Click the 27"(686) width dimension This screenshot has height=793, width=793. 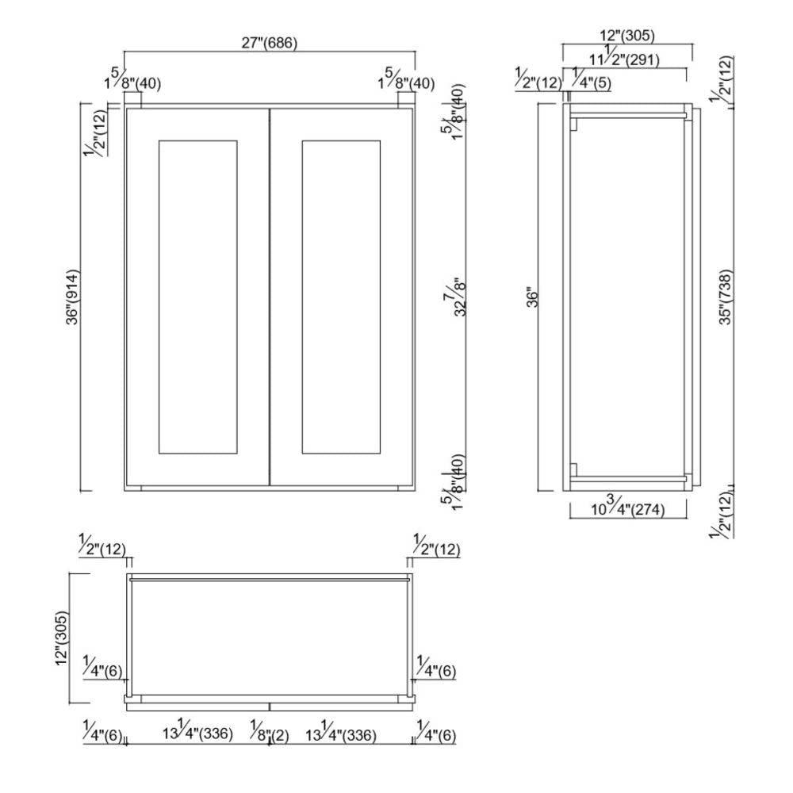click(270, 44)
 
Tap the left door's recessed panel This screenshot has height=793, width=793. click(198, 297)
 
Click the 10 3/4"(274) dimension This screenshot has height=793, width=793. click(626, 508)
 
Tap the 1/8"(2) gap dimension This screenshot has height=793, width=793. click(270, 734)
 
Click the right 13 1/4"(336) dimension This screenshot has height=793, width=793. click(339, 733)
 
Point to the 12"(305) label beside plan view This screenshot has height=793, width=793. click(62, 638)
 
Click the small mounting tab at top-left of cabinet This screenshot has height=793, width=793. click(133, 100)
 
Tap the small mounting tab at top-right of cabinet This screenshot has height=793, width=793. click(406, 100)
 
